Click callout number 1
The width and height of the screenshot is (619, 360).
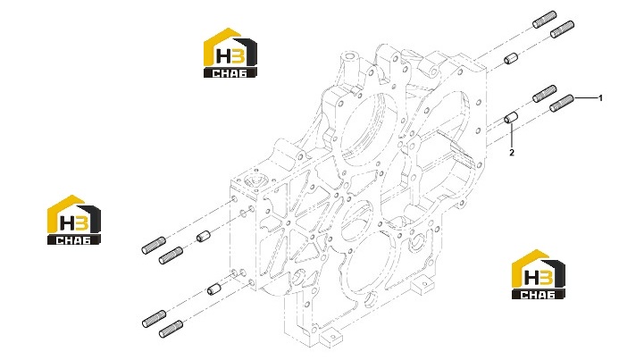point(600,98)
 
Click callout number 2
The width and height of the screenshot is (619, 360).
point(512,153)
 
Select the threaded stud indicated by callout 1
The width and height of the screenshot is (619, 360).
point(562,103)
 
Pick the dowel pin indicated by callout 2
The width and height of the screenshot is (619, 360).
point(511,118)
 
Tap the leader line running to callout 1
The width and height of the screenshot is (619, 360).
point(585,98)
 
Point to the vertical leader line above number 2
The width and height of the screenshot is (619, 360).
point(512,135)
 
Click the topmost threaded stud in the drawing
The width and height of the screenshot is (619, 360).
point(545,20)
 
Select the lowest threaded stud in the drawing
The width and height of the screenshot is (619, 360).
point(171,330)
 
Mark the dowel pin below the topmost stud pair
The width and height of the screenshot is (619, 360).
point(511,59)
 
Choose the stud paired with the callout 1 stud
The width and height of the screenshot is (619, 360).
point(545,94)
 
